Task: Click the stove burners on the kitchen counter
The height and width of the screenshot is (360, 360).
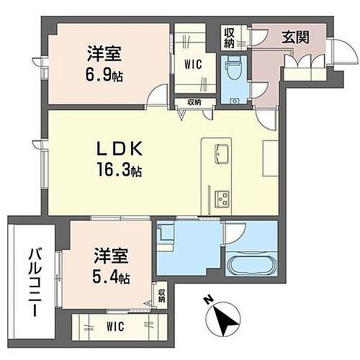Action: [x=220, y=195]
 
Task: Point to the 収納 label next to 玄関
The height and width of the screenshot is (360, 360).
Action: [x=229, y=37]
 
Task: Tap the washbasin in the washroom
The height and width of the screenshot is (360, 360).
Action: [x=165, y=234]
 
